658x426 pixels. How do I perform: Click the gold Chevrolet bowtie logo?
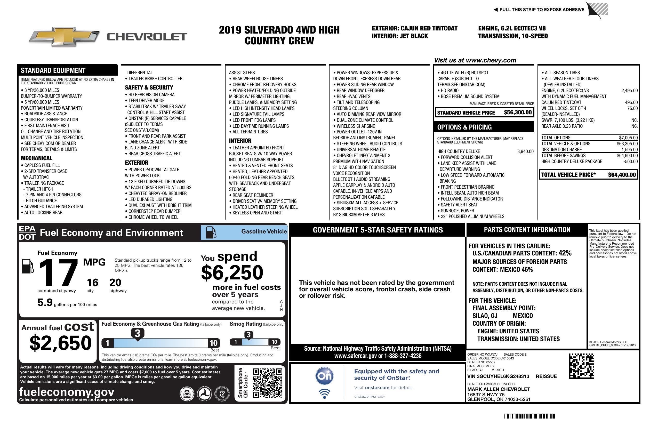[64, 36]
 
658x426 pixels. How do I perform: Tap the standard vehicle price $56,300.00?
[518, 112]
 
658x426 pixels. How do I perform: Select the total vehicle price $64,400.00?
[622, 175]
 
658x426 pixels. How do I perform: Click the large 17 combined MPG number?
[58, 272]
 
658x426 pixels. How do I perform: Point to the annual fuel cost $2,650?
[60, 343]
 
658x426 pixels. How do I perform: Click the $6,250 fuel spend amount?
[232, 272]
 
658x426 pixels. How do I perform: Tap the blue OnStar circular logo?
[324, 376]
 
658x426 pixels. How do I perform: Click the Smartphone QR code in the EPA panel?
[267, 383]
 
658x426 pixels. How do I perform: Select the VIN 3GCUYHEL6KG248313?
[498, 376]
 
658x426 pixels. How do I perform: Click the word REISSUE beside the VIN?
[546, 376]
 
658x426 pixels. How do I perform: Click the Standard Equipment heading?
[53, 70]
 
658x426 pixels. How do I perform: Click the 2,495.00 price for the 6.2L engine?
[629, 90]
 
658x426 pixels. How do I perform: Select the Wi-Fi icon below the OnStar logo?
[324, 394]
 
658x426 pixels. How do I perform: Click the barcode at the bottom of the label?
[529, 416]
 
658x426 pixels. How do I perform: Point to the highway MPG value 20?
[115, 283]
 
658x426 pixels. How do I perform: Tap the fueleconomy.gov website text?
[67, 392]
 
